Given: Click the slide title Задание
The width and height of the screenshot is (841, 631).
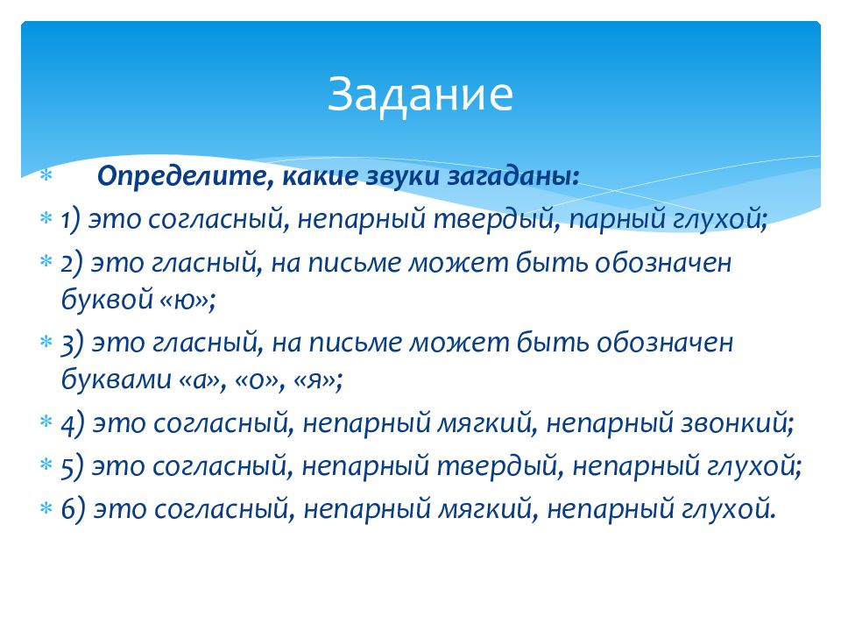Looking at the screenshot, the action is pyautogui.click(x=420, y=95).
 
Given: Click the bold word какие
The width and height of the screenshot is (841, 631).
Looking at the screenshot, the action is pyautogui.click(x=320, y=176).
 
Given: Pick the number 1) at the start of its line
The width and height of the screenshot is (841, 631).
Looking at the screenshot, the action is pyautogui.click(x=71, y=220).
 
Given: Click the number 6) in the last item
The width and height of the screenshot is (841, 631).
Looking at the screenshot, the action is pyautogui.click(x=74, y=509).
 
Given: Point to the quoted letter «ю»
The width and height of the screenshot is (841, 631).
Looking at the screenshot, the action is pyautogui.click(x=185, y=300).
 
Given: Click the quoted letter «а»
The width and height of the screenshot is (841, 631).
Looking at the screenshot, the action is pyautogui.click(x=200, y=380).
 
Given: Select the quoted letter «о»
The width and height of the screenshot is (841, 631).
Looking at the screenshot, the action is pyautogui.click(x=257, y=380).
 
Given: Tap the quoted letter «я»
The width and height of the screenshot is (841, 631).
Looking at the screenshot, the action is pyautogui.click(x=314, y=380).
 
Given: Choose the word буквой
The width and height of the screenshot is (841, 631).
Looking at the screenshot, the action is pyautogui.click(x=107, y=299).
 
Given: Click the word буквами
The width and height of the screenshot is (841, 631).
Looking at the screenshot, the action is pyautogui.click(x=116, y=379).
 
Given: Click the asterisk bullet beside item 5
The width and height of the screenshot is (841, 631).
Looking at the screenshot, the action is pyautogui.click(x=46, y=464).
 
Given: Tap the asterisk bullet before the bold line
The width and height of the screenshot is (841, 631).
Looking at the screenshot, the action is pyautogui.click(x=46, y=174).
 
